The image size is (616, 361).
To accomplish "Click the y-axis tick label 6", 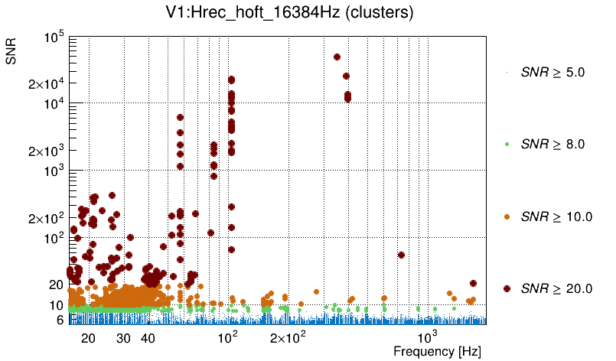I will [59, 320].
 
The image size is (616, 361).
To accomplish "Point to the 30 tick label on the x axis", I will [124, 338].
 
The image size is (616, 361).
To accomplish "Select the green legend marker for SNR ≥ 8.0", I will [507, 144].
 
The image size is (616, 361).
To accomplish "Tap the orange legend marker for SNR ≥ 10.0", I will [507, 216].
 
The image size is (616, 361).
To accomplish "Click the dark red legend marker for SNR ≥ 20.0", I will [507, 288].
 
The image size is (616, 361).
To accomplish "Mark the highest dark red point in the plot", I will [337, 57].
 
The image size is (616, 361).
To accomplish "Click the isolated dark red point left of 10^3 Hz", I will [401, 255].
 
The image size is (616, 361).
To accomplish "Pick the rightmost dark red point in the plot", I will [473, 284].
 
